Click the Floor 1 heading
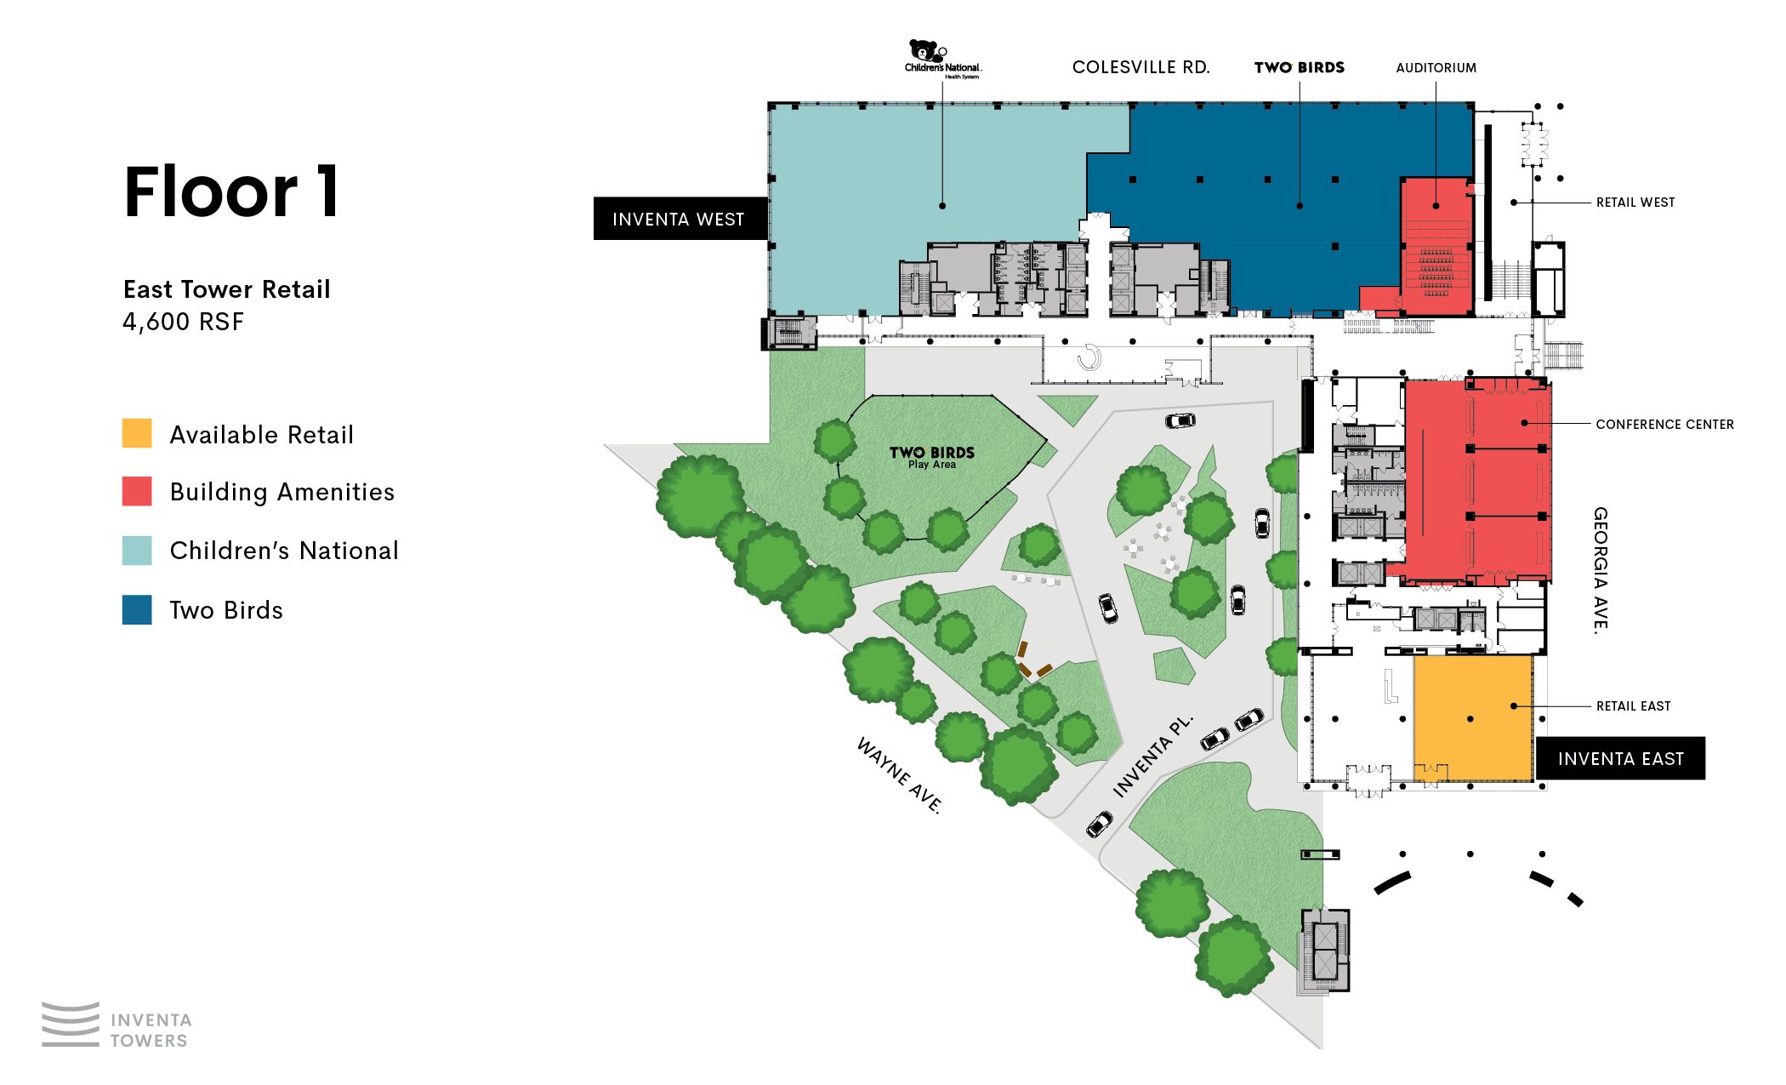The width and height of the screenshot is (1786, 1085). (x=231, y=192)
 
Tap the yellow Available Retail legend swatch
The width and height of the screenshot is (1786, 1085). (x=137, y=433)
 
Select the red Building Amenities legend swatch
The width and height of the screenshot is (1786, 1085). (x=137, y=491)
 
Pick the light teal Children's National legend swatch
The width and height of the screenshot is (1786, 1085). (x=137, y=551)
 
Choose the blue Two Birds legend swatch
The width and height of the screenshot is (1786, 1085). (x=137, y=609)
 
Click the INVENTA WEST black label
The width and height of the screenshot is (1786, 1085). (x=679, y=219)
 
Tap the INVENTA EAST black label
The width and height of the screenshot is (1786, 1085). (x=1620, y=758)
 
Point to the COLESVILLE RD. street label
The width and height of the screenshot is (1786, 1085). (x=1140, y=67)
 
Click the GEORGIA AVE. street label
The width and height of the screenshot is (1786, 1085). (x=1601, y=570)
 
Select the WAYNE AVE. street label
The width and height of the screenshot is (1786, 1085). (x=899, y=775)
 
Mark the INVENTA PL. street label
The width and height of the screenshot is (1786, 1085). (x=1152, y=757)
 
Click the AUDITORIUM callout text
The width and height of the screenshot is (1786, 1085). (x=1436, y=68)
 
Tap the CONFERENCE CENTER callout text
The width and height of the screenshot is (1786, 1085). (x=1664, y=424)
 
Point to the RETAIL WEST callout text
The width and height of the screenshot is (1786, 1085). (x=1635, y=203)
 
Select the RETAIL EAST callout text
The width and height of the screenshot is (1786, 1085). (x=1633, y=706)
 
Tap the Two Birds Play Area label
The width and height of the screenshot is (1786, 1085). (x=932, y=457)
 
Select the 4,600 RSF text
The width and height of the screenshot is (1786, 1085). (x=183, y=322)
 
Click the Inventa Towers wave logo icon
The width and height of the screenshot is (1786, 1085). (x=71, y=1024)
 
